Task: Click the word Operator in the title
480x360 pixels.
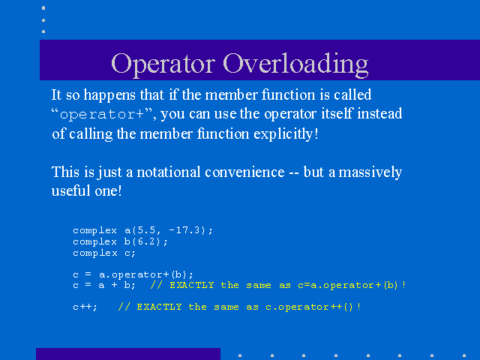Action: [x=163, y=64]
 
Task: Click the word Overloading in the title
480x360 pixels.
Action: [x=295, y=64]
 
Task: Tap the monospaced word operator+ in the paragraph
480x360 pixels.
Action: [x=102, y=115]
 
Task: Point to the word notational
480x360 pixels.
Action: [x=168, y=172]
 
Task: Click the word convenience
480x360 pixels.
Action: [x=244, y=172]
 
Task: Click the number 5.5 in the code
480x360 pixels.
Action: [x=147, y=230]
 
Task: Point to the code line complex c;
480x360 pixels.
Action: [x=104, y=253]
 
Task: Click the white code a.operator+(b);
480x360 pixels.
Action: [x=146, y=274]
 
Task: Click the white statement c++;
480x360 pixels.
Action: [x=85, y=307]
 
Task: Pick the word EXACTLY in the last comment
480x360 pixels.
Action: [x=159, y=307]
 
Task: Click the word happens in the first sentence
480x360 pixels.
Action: [x=109, y=95]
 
